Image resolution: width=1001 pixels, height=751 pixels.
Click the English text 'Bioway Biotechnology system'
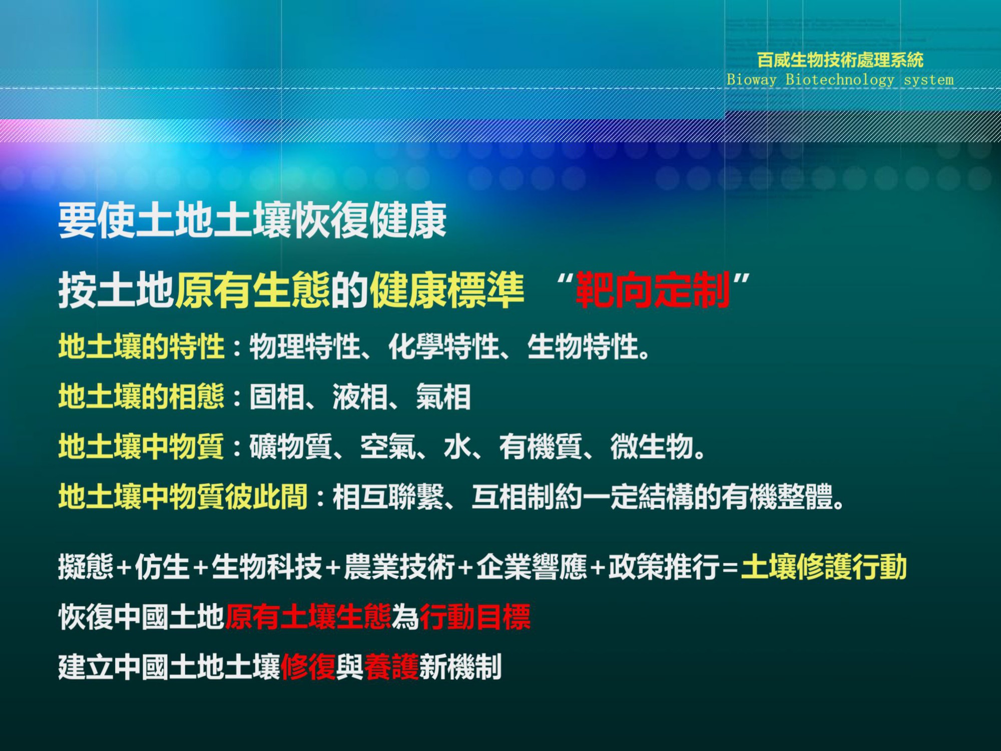click(x=840, y=80)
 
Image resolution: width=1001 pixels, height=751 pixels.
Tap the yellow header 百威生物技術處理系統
click(x=840, y=60)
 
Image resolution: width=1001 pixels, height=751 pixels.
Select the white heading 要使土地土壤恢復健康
click(x=252, y=220)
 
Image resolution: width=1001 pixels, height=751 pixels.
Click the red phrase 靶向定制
click(x=653, y=290)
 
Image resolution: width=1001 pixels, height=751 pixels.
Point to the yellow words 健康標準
click(x=446, y=290)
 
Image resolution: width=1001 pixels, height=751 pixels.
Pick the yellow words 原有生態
click(x=252, y=290)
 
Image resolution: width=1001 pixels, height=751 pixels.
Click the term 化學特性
click(x=444, y=346)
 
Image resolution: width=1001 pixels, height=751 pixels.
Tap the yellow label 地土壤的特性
click(x=141, y=346)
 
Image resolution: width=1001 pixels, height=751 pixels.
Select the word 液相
click(x=360, y=397)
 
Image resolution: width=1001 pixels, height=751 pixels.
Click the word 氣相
click(x=443, y=397)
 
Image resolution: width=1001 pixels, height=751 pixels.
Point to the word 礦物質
click(x=291, y=447)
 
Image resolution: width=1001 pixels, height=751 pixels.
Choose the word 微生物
click(x=652, y=447)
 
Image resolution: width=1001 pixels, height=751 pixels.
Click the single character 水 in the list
click(x=457, y=447)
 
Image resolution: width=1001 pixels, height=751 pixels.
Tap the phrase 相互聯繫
click(x=388, y=497)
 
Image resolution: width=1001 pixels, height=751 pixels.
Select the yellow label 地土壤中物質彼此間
click(x=183, y=497)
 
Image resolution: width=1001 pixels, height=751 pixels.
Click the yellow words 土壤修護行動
click(x=824, y=567)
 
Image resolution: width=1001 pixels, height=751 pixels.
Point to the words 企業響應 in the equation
click(x=532, y=567)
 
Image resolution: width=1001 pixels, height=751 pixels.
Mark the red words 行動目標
click(x=475, y=617)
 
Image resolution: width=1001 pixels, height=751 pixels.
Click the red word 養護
click(x=391, y=667)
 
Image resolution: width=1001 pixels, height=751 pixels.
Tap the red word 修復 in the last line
click(x=308, y=667)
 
